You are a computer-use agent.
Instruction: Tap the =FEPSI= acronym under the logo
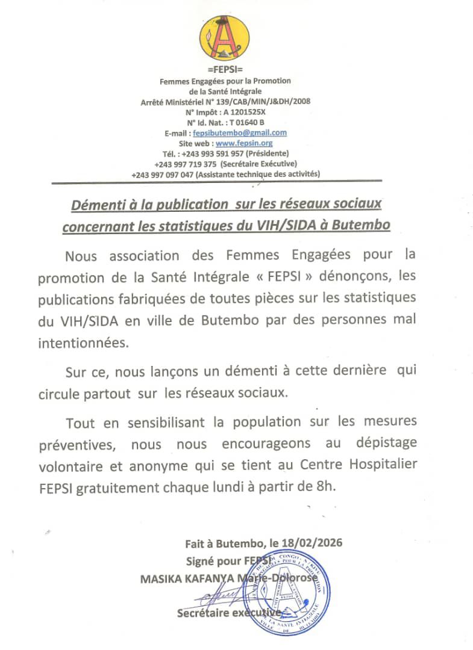(225, 71)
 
